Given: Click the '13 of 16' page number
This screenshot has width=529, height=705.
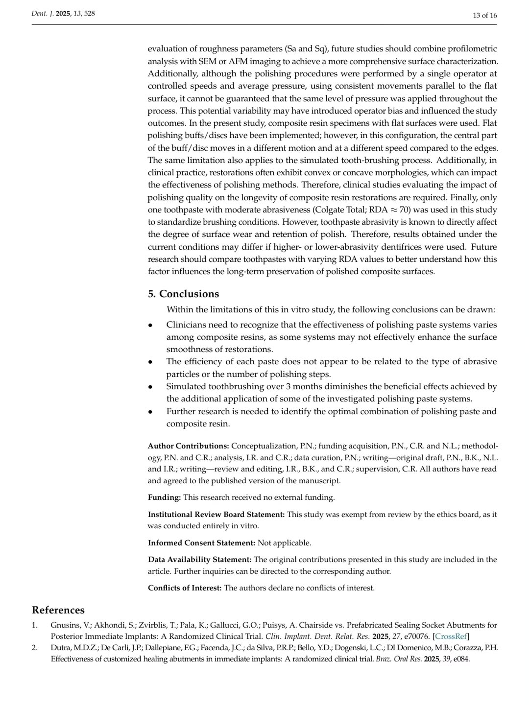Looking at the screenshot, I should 484,15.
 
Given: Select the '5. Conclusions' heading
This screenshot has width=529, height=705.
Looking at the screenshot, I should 183,294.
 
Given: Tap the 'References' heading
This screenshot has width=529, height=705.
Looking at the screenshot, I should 58,610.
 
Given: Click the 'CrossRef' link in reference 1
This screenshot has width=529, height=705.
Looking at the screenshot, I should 451,636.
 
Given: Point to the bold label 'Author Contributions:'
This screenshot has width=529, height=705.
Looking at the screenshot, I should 189,446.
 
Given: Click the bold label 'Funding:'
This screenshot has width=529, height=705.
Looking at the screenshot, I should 165,497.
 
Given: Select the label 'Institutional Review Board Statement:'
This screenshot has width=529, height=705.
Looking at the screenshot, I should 216,515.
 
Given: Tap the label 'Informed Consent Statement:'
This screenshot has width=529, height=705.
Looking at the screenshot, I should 201,543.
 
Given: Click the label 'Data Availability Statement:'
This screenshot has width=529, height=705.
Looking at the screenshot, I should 200,560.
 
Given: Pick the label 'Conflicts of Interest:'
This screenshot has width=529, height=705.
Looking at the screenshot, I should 185,588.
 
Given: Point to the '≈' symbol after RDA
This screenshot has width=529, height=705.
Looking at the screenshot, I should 394,210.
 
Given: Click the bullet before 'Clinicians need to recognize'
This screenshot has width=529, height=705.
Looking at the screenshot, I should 151,326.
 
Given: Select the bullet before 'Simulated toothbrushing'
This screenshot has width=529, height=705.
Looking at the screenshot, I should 151,387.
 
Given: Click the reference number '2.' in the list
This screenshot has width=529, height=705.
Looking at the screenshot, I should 35,648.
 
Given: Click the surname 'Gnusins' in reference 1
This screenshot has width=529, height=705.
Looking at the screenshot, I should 65,625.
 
